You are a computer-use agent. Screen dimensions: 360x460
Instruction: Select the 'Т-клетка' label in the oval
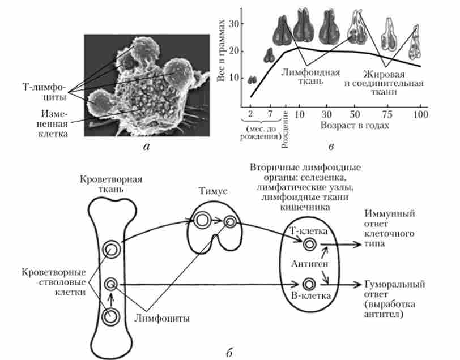pos(307,232)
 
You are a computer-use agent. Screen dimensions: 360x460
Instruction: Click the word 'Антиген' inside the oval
pos(308,264)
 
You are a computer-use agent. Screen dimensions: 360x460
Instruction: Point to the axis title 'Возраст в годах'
pos(355,126)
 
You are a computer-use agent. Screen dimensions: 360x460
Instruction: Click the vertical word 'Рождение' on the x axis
pos(286,127)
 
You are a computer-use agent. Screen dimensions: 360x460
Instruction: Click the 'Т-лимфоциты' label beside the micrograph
pos(39,91)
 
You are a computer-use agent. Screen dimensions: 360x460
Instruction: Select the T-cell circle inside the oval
pos(309,244)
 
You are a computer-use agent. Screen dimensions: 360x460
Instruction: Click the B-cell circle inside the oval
pos(309,284)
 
